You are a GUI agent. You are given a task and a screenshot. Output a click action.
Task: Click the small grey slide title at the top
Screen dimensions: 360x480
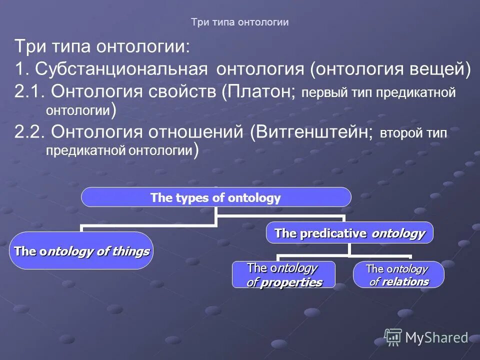[x=240, y=22]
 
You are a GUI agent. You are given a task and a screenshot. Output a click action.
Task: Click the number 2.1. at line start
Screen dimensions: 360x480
[x=30, y=92]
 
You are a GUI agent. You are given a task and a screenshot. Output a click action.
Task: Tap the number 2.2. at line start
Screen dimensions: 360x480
[x=30, y=132]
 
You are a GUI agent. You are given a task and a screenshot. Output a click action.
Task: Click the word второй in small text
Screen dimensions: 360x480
[x=400, y=133]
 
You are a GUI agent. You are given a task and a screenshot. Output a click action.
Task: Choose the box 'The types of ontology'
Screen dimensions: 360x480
[x=216, y=197]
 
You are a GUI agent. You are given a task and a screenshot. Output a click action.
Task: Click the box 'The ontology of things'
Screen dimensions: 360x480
[x=81, y=251]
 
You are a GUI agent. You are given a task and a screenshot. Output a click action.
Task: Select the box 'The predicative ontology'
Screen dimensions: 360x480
[x=349, y=233]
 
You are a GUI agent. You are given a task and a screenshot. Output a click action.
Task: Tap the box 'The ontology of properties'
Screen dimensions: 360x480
[x=283, y=275]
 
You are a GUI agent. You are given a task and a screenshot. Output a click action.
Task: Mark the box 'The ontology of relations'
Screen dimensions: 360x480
[x=398, y=275]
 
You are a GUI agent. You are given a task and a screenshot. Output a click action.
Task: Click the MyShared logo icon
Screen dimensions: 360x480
[x=393, y=337]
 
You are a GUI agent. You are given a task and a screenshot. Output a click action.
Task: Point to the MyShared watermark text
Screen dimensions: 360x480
[x=436, y=338]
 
